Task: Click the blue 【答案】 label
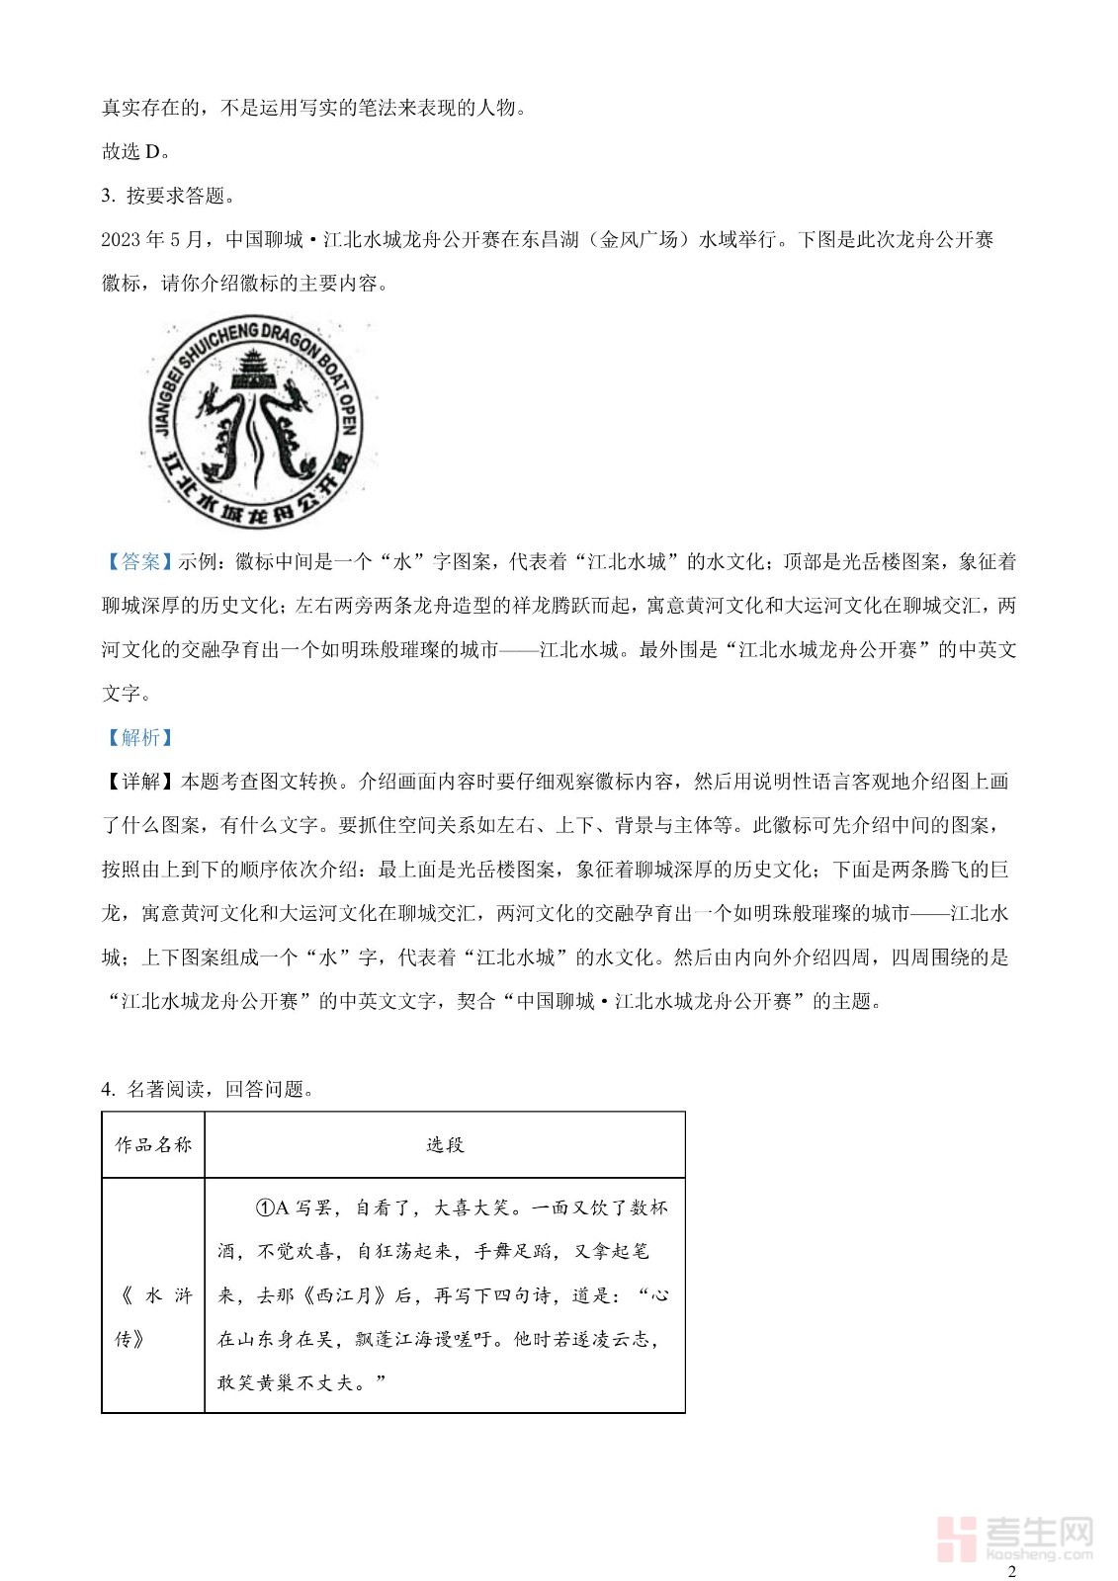(x=139, y=562)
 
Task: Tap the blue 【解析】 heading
(x=139, y=737)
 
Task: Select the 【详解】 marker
(x=140, y=782)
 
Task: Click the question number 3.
(x=107, y=196)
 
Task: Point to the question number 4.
(x=107, y=1089)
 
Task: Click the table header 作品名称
(x=153, y=1145)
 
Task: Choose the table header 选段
(x=445, y=1145)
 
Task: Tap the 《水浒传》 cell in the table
(x=153, y=1316)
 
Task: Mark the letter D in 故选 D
(x=152, y=151)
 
